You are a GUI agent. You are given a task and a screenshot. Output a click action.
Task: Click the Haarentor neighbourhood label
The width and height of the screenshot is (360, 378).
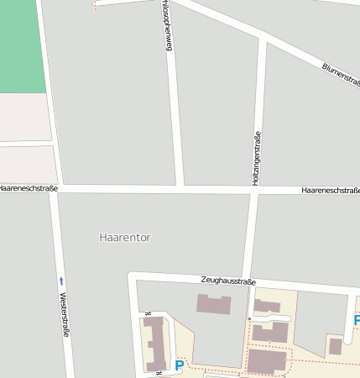click(x=125, y=238)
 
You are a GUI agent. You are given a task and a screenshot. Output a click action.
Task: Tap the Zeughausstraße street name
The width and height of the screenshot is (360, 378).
click(x=228, y=281)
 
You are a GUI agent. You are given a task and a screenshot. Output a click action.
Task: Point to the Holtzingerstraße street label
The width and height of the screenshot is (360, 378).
click(x=257, y=159)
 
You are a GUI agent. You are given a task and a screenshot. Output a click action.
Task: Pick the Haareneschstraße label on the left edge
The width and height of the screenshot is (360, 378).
click(x=29, y=189)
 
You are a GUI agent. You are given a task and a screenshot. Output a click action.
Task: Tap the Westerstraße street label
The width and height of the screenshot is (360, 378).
click(x=65, y=315)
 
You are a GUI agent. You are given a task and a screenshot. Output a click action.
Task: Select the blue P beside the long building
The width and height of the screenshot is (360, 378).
click(x=179, y=365)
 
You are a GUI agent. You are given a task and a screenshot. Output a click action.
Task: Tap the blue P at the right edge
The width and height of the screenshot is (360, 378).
click(x=357, y=320)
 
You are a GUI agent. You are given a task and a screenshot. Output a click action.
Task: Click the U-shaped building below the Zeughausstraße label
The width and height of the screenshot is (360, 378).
click(x=213, y=304)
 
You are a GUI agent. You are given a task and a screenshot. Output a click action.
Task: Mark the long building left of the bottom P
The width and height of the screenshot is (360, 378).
click(x=155, y=344)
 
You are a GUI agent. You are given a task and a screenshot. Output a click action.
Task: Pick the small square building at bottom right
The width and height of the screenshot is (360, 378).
click(x=335, y=346)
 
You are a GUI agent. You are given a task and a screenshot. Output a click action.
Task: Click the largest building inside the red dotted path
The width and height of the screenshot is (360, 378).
click(x=267, y=362)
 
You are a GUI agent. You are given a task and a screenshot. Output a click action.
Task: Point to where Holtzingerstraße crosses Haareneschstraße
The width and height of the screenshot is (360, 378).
click(x=254, y=192)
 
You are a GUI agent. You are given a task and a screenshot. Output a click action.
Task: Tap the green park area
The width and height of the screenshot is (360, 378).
click(x=21, y=46)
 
